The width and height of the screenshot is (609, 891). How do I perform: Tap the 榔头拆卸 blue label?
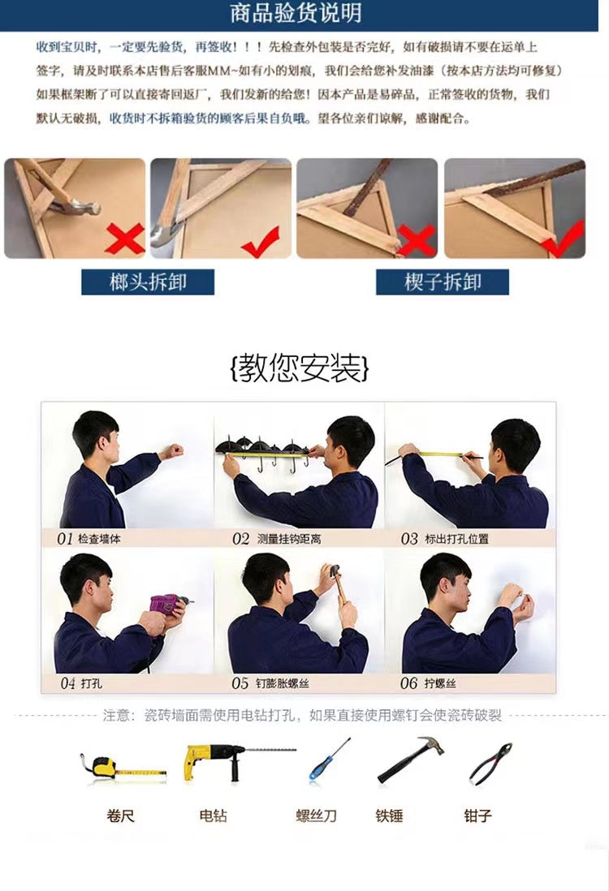click(x=148, y=282)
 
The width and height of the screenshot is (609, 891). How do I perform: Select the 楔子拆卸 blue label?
click(x=443, y=282)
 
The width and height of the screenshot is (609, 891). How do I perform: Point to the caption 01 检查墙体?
click(x=89, y=538)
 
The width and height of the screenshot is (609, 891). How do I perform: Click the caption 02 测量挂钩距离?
click(x=276, y=538)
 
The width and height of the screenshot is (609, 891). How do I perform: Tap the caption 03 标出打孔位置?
click(x=445, y=538)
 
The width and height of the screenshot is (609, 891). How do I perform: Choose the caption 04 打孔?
click(x=81, y=683)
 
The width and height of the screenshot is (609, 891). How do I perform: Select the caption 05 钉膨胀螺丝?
click(x=270, y=683)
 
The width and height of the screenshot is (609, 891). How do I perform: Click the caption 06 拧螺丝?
click(x=428, y=683)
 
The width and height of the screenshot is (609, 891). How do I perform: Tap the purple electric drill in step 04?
click(x=170, y=604)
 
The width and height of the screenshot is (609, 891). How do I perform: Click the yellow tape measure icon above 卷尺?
click(x=123, y=768)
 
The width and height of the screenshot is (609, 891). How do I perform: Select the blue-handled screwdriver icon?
click(x=329, y=759)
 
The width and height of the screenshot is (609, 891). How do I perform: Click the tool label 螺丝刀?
click(x=316, y=816)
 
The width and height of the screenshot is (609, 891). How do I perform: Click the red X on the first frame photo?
click(x=124, y=239)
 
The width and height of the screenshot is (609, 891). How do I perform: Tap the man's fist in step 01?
click(x=172, y=452)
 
